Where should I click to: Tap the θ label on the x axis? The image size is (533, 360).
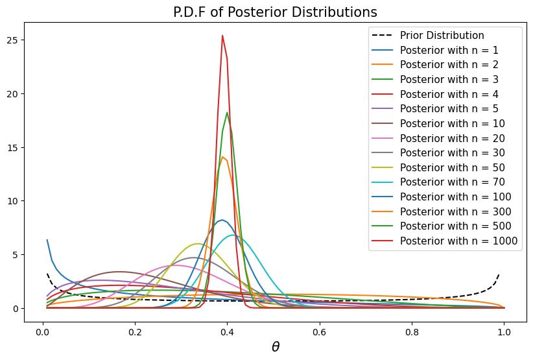275,347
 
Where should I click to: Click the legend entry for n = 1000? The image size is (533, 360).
458,241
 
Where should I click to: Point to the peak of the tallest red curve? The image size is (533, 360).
222,36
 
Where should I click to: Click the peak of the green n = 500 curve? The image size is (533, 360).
227,113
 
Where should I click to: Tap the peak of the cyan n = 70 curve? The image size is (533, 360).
233,235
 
